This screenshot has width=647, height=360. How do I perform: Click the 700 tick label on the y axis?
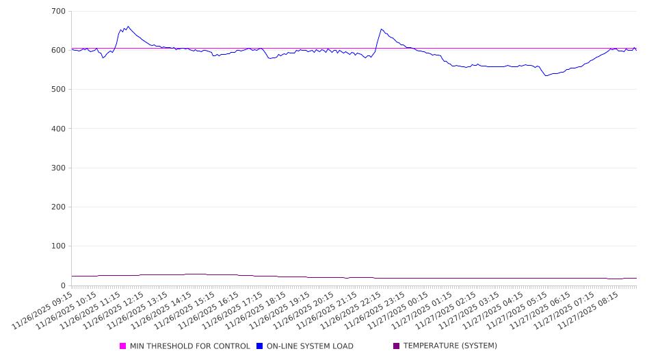point(58,12)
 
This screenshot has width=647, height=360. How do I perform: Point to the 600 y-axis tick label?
point(58,51)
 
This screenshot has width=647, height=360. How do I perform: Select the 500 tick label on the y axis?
point(58,90)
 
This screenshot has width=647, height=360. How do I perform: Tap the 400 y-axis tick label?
point(58,129)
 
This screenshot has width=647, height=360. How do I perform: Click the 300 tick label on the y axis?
point(58,168)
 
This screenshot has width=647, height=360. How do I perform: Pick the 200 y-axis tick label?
point(58,207)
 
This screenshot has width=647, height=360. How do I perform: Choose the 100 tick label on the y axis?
point(58,246)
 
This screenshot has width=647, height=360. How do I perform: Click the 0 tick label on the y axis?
point(63,285)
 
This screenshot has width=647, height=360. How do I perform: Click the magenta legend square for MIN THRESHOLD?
point(123,346)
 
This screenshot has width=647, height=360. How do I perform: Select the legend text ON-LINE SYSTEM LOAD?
point(310,346)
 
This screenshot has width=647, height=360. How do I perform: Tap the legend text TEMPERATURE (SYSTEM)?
point(450,346)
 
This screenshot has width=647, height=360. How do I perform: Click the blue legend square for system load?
point(260,346)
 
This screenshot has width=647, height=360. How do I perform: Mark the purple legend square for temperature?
point(397,346)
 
